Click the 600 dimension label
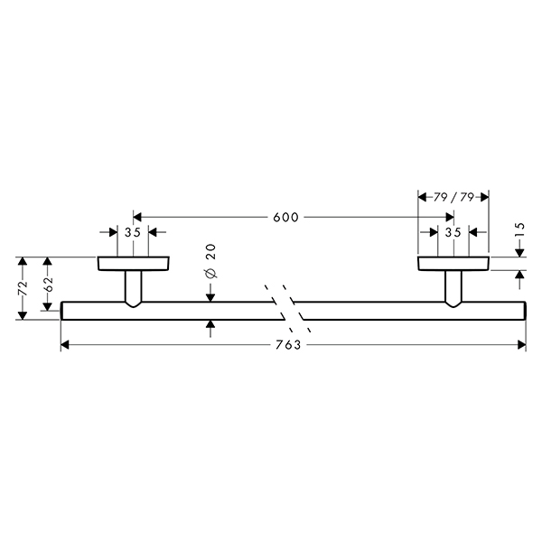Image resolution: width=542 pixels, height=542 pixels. click(x=285, y=218)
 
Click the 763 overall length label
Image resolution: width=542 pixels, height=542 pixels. click(x=288, y=345)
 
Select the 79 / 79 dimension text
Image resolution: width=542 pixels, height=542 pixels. click(x=453, y=197)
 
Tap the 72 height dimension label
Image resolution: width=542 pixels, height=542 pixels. click(x=23, y=288)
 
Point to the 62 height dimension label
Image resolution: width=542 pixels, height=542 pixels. click(x=48, y=285)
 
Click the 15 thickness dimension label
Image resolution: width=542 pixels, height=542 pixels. click(x=520, y=229)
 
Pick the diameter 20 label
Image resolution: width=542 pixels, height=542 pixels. click(x=210, y=261)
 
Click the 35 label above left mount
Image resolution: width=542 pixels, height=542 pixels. click(x=133, y=233)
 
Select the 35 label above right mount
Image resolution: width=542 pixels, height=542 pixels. click(x=453, y=233)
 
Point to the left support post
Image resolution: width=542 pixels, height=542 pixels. click(x=133, y=288)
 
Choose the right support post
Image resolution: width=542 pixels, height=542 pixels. click(x=453, y=288)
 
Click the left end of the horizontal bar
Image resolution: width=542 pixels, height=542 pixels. click(x=61, y=311)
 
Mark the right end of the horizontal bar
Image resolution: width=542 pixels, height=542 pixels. click(x=526, y=311)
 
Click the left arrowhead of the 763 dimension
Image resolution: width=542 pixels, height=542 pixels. click(x=65, y=345)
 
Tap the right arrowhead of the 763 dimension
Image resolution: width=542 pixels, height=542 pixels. click(x=521, y=345)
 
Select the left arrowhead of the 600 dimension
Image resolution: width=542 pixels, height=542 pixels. click(x=137, y=217)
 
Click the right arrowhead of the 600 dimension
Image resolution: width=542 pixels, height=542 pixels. click(x=449, y=217)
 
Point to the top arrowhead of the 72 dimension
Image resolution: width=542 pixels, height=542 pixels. click(x=23, y=261)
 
